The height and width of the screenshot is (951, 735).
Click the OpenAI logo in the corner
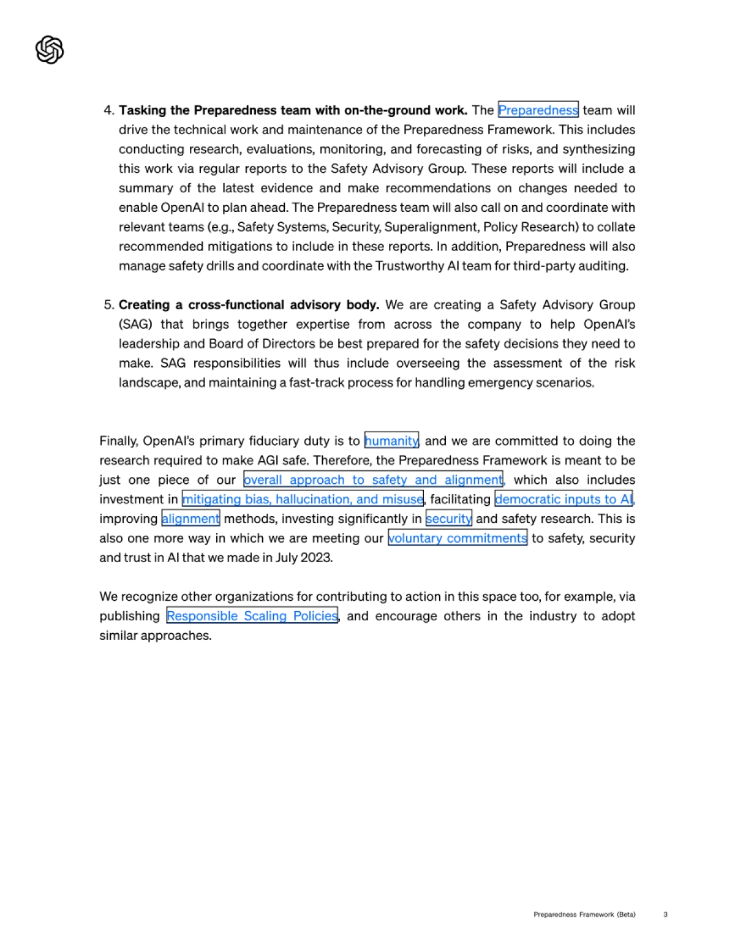click(x=50, y=50)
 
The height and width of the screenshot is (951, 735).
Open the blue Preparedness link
click(x=538, y=110)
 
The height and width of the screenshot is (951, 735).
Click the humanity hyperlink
click(x=391, y=441)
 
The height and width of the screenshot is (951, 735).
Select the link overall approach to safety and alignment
click(x=373, y=479)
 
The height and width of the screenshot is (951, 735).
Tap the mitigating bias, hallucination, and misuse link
click(x=303, y=499)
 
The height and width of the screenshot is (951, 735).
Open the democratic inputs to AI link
click(x=563, y=499)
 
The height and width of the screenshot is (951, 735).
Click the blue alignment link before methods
click(x=190, y=519)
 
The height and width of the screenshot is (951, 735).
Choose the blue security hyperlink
click(x=448, y=519)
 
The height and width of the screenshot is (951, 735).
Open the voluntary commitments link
click(x=458, y=538)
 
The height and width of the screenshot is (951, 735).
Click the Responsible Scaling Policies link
click(x=252, y=616)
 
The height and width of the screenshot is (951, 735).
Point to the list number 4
click(x=108, y=110)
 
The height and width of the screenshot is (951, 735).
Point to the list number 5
click(x=108, y=305)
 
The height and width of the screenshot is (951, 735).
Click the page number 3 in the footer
click(x=665, y=914)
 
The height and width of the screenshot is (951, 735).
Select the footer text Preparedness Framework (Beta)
click(x=584, y=914)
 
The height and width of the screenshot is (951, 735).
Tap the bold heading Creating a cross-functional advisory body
click(x=249, y=305)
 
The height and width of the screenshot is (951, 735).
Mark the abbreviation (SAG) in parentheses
click(x=135, y=325)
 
